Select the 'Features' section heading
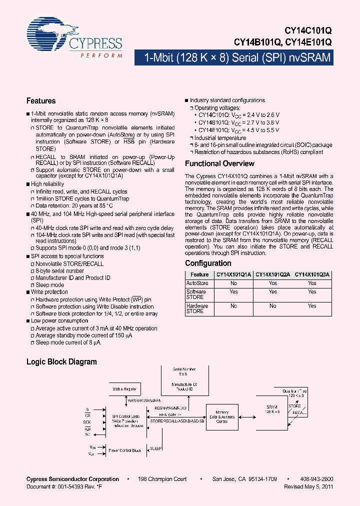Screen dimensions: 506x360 click(x=41, y=100)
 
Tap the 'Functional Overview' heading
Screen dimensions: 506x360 click(x=219, y=163)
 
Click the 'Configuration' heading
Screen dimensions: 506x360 click(x=208, y=263)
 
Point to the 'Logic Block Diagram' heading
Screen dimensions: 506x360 click(x=61, y=361)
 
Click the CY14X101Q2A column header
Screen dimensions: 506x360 click(x=272, y=274)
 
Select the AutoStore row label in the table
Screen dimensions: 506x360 click(x=197, y=283)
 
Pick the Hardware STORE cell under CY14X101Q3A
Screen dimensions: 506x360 click(x=312, y=305)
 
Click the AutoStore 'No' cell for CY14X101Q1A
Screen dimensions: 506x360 click(x=233, y=283)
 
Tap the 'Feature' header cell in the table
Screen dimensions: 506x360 click(x=199, y=274)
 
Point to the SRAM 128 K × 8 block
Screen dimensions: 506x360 click(x=272, y=409)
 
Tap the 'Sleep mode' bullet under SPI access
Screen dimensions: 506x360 click(x=49, y=285)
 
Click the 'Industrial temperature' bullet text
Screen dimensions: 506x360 click(x=220, y=138)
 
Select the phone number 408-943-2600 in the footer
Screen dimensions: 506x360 click(x=318, y=479)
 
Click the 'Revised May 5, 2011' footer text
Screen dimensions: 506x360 click(x=308, y=486)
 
